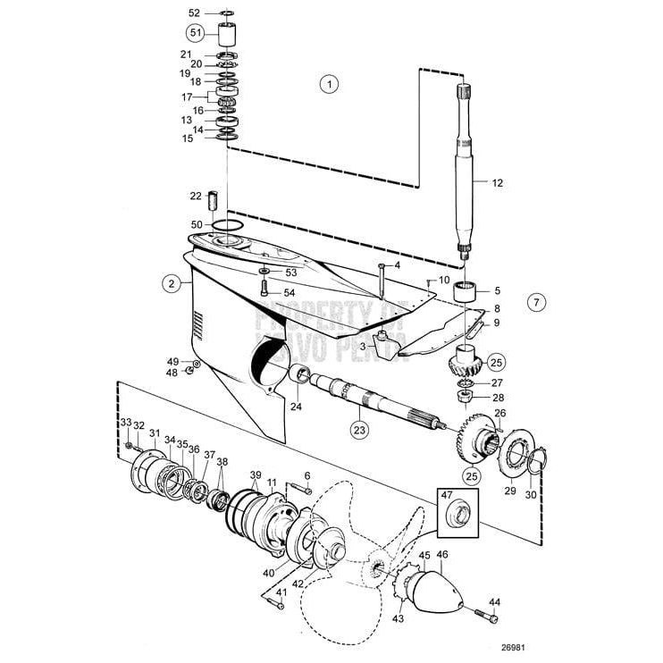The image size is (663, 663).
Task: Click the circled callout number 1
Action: coord(329,85)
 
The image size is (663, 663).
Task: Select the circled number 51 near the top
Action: coord(195,33)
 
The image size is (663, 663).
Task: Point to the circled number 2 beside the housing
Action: coord(168,283)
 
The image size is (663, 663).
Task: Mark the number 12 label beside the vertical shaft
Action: coord(497,183)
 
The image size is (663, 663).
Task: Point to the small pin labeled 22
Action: coord(214,196)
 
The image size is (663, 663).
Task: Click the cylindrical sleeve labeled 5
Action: coord(465,291)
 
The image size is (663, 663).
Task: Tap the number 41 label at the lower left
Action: coord(281,592)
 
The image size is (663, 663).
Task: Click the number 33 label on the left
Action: coord(126,423)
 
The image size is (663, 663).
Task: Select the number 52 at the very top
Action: coord(195,13)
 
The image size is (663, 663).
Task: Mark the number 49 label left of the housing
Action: coord(172,360)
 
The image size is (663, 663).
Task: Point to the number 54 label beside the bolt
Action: coord(290,293)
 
